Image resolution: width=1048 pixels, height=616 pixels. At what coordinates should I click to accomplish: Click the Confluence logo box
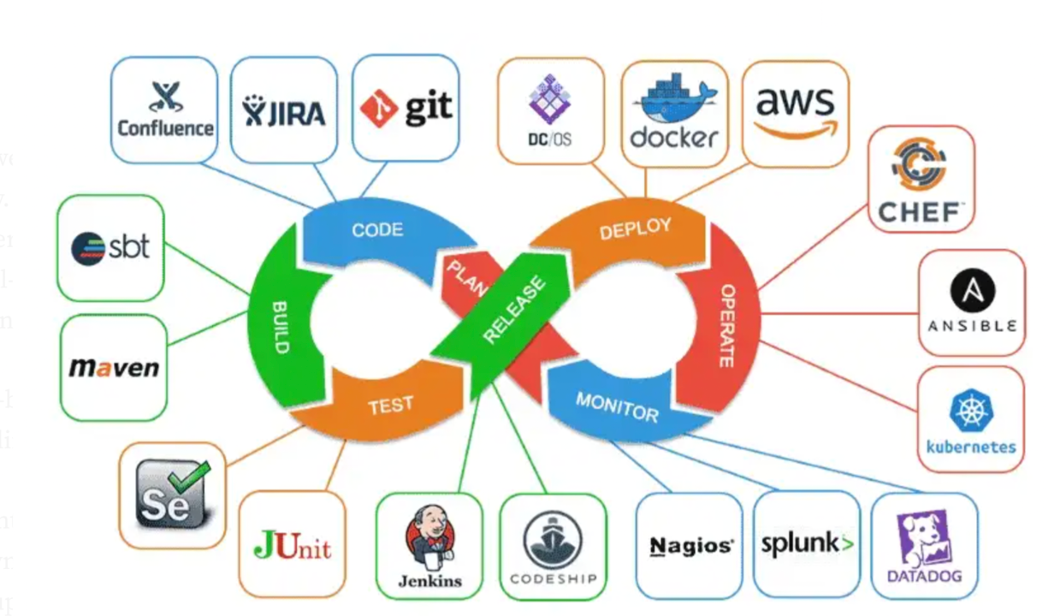click(164, 110)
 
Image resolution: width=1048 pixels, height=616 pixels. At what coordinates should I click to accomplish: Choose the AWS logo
click(795, 107)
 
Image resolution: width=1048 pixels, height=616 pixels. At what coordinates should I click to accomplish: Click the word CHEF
click(921, 211)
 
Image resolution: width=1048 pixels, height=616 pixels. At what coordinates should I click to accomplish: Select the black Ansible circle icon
click(972, 291)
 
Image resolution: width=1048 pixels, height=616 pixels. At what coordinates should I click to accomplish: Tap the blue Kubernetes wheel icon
click(971, 410)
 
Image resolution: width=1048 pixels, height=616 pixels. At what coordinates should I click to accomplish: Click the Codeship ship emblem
click(553, 539)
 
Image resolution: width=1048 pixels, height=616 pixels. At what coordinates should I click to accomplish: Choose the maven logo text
click(114, 368)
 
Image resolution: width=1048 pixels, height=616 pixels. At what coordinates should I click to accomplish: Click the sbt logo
click(111, 247)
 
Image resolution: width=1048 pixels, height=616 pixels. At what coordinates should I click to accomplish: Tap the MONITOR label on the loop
click(617, 407)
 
